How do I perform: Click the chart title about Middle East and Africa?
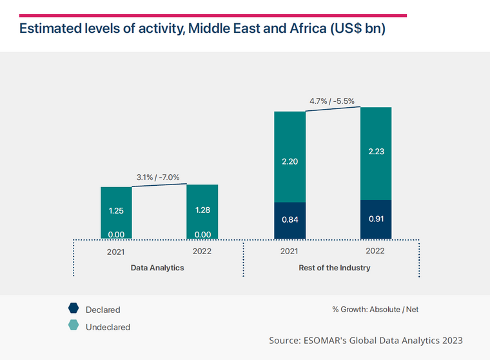tap(202, 30)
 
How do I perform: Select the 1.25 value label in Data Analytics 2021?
tap(116, 210)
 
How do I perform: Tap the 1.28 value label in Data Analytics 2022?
tap(202, 210)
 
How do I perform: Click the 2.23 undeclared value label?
tap(375, 151)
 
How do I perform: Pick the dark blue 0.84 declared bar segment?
tap(289, 220)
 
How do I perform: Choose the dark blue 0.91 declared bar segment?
tap(375, 219)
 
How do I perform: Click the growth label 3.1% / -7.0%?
tap(157, 177)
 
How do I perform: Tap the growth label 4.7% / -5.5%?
tap(331, 101)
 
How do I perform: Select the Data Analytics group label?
tap(157, 267)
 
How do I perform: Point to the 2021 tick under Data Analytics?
tap(116, 252)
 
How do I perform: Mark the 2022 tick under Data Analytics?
tap(202, 251)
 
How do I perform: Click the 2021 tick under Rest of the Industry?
tap(289, 251)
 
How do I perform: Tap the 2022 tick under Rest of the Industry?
tap(375, 251)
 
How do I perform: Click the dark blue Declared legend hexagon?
tap(73, 309)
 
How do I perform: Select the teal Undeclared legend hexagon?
tap(73, 326)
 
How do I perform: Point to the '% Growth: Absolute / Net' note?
tap(375, 310)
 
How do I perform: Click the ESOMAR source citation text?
tap(366, 340)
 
